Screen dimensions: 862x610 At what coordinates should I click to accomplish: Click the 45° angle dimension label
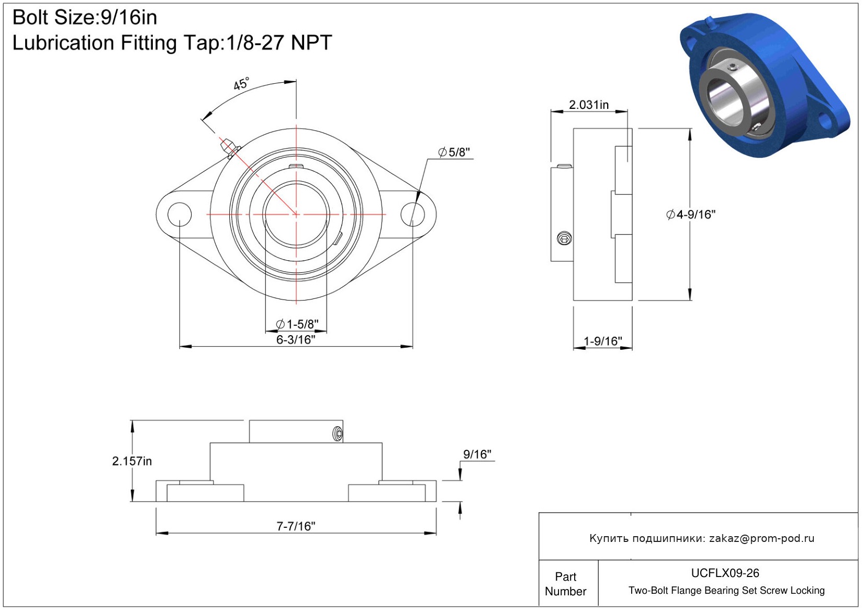241,84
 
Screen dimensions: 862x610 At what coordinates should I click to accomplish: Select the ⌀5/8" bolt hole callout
454,152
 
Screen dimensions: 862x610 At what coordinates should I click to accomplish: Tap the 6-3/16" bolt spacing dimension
296,340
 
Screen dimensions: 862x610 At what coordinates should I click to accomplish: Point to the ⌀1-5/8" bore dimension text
297,324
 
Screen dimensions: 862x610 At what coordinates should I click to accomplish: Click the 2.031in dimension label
589,105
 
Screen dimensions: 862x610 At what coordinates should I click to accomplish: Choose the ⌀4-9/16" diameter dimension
691,215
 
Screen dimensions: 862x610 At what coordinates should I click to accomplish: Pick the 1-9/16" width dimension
602,341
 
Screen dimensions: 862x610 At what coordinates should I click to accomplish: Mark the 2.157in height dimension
132,461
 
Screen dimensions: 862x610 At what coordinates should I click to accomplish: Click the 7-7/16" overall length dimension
296,526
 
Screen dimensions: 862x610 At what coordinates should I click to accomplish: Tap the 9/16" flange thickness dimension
477,454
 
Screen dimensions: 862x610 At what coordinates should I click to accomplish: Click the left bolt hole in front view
180,215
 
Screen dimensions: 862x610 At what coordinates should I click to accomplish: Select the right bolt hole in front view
412,215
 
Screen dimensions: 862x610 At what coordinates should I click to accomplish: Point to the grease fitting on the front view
230,148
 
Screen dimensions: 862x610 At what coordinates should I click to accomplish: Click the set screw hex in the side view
564,239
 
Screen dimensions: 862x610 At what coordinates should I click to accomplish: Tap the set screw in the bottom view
338,434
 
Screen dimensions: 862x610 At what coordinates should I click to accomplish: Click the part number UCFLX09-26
725,573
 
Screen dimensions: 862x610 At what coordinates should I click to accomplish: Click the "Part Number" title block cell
565,584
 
